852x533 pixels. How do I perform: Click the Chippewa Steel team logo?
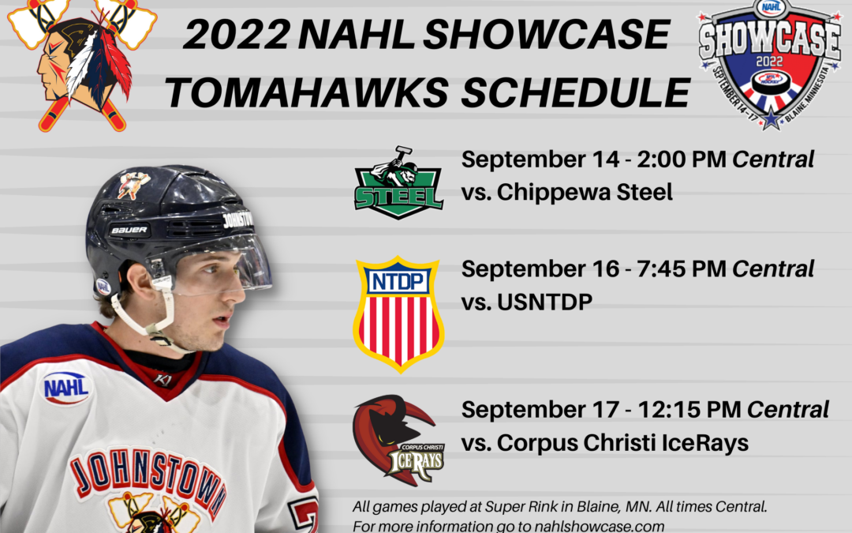pos(398,183)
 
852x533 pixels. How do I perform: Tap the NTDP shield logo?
pos(398,313)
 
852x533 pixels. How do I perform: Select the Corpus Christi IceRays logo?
pos(398,440)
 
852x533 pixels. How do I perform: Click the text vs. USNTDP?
pos(526,302)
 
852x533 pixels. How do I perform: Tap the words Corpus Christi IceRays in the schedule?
pos(623,443)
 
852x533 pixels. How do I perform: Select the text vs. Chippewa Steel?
pos(566,192)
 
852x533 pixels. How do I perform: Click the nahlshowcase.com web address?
pos(607,526)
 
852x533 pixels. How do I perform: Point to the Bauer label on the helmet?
pos(129,231)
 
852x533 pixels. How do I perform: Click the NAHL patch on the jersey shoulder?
pos(65,387)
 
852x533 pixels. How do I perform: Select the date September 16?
pos(540,268)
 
